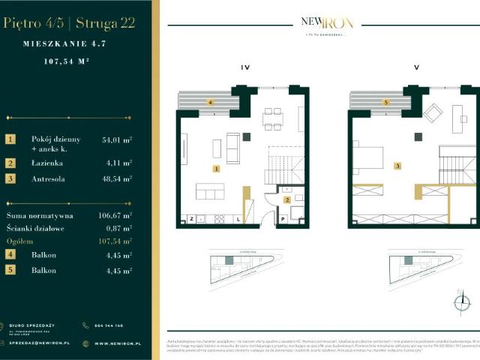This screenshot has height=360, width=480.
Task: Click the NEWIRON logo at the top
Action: coord(326,22)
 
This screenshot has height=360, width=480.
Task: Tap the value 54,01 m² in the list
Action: coord(117,139)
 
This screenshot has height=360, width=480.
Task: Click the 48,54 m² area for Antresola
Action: coord(117,178)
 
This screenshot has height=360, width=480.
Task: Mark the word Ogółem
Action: coord(20,241)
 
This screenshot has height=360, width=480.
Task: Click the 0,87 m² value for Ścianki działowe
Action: coord(117,228)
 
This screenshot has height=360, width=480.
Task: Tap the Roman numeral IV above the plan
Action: coord(244,67)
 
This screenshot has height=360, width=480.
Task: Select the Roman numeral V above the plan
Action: coord(416,67)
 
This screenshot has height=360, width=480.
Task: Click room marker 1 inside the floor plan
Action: coord(215,169)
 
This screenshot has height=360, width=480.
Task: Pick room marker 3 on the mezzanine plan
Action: coord(398,166)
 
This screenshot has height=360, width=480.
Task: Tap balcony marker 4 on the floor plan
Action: coord(211,102)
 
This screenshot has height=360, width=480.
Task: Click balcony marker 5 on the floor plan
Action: coord(386,102)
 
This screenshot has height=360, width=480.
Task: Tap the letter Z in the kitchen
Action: coord(192,219)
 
